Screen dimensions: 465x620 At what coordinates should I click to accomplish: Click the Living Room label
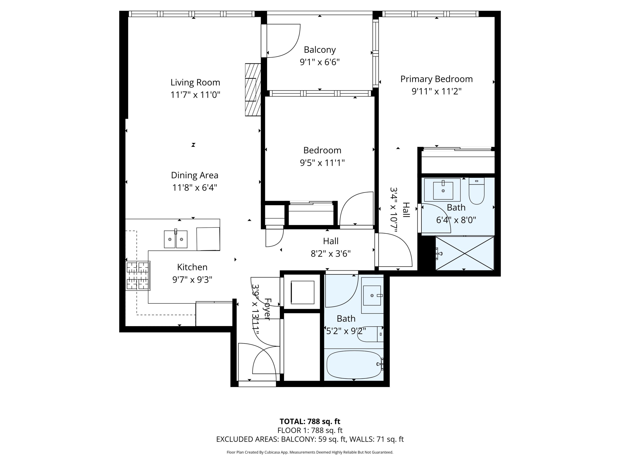(x=195, y=82)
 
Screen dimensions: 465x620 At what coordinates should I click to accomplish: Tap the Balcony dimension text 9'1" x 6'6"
(x=320, y=62)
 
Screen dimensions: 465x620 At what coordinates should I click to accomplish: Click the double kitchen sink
(x=175, y=239)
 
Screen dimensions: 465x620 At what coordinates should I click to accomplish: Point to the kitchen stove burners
(x=138, y=276)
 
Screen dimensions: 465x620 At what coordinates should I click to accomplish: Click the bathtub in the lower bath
(x=354, y=364)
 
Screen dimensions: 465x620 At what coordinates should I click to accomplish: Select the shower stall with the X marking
(x=464, y=253)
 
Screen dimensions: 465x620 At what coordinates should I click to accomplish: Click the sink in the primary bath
(x=443, y=190)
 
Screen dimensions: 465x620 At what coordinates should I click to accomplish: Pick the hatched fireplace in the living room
(x=253, y=90)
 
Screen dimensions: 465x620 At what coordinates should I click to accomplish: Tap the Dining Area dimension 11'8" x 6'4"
(x=194, y=187)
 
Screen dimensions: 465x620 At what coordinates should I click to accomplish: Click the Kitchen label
(x=192, y=267)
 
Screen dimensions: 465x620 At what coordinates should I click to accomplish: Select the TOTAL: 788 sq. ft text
(x=310, y=421)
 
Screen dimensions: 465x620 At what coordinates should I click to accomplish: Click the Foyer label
(x=267, y=309)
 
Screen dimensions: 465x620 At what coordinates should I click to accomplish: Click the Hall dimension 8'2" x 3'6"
(x=330, y=254)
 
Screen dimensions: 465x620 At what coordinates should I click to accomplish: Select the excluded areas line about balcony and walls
(x=310, y=439)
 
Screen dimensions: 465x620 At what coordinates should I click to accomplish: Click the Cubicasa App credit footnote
(x=310, y=452)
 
